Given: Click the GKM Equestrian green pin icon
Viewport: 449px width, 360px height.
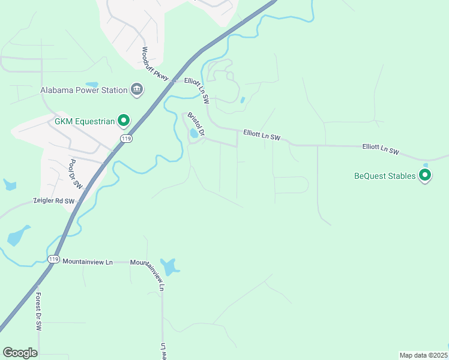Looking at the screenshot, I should (x=124, y=121).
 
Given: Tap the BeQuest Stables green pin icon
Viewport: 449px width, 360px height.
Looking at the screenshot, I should (x=425, y=175).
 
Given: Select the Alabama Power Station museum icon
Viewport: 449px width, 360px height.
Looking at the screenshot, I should (x=137, y=90).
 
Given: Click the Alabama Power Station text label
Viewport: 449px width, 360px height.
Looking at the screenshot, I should (x=84, y=90).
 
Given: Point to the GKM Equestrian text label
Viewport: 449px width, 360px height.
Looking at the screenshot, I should (x=85, y=121).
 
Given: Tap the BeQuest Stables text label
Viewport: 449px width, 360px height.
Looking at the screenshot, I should (x=385, y=176).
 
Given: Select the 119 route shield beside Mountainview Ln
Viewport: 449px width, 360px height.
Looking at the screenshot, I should (x=54, y=259).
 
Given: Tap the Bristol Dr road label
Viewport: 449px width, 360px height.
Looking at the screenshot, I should (x=196, y=124).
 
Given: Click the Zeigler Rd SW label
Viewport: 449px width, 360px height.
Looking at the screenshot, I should (x=55, y=202).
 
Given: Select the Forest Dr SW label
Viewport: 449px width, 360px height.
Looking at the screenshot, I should (x=38, y=311).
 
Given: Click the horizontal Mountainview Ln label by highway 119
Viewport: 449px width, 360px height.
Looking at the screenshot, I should (x=88, y=262).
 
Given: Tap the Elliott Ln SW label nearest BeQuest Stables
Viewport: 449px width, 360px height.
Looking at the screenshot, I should (x=381, y=149).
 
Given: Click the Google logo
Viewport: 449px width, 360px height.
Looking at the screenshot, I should (x=20, y=353).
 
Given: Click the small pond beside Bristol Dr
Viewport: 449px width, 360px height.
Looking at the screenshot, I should (x=193, y=134).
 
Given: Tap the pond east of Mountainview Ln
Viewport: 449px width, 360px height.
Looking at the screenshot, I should (x=170, y=267).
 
